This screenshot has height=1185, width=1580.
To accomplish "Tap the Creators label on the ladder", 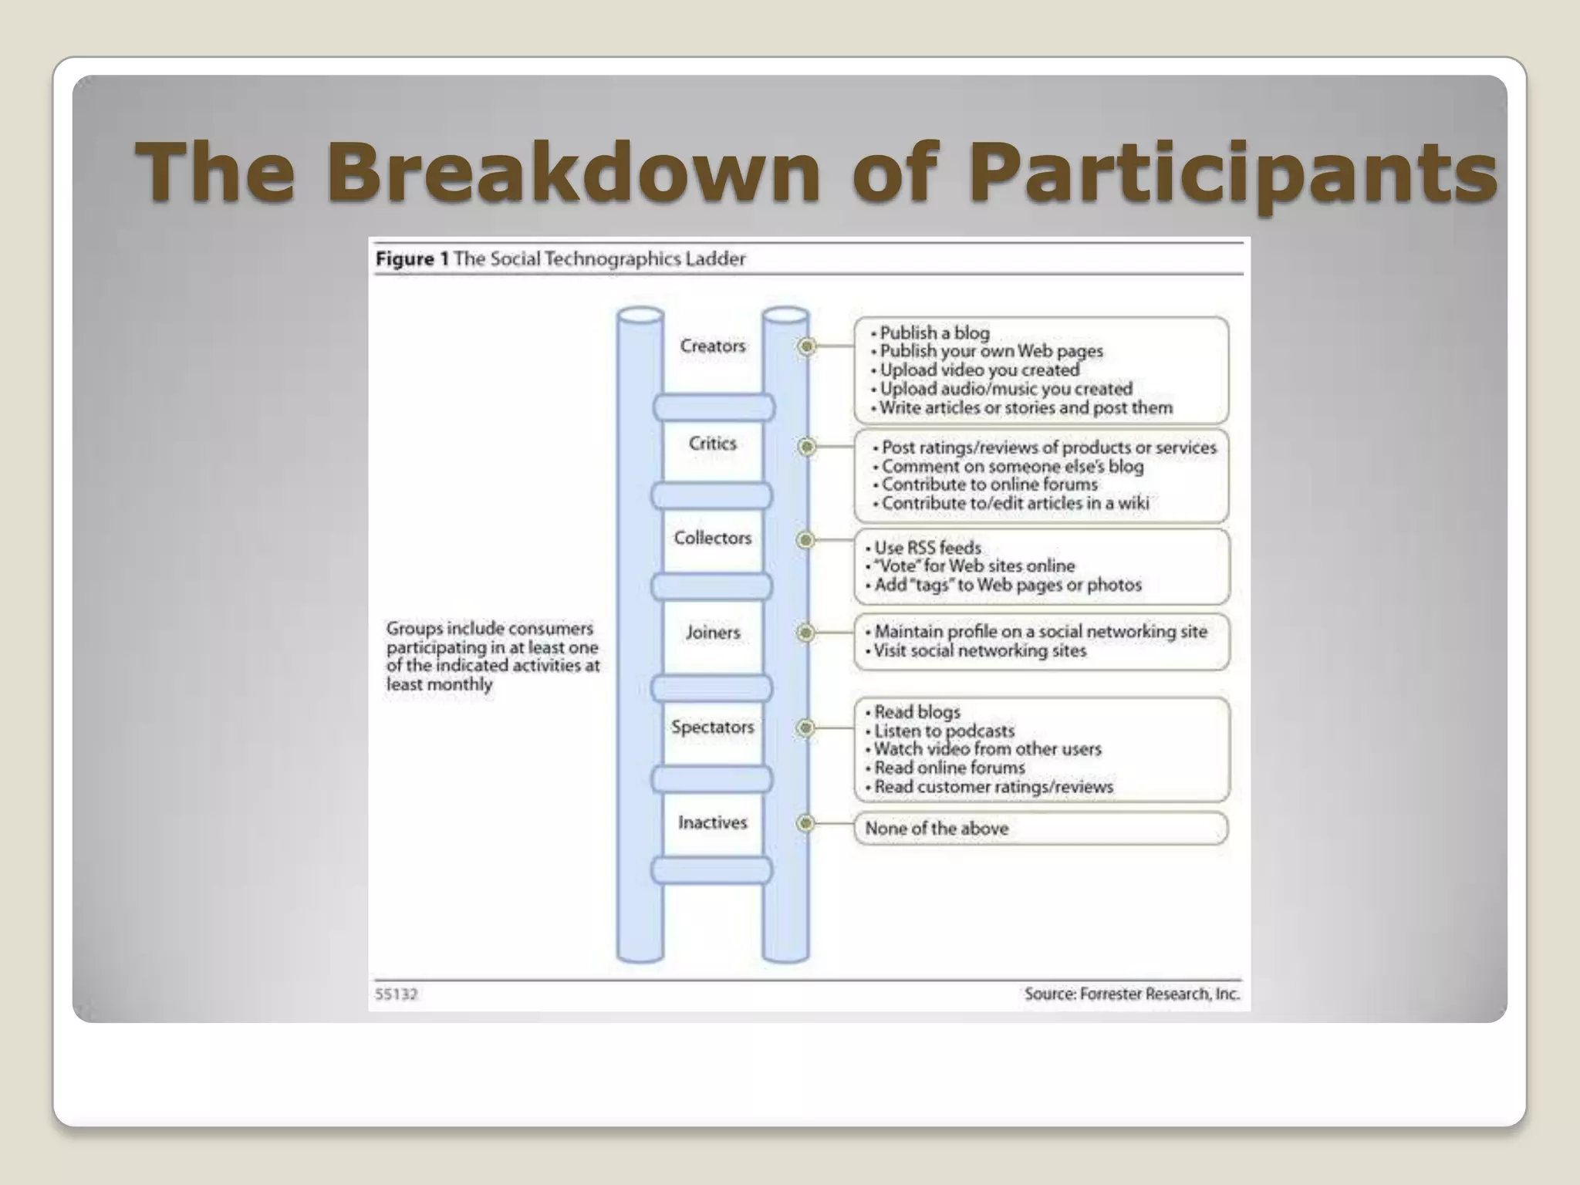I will [x=712, y=346].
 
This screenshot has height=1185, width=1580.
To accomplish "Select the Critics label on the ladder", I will [x=712, y=444].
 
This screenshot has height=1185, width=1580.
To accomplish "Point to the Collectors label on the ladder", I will [x=712, y=538].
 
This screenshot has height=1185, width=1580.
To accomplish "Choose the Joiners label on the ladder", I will [x=712, y=633].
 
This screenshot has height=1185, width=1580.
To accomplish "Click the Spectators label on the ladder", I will [x=712, y=727].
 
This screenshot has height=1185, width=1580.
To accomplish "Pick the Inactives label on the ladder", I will [x=712, y=822].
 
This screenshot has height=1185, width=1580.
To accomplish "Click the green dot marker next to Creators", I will [x=806, y=346].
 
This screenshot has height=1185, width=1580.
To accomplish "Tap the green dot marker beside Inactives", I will [x=805, y=823].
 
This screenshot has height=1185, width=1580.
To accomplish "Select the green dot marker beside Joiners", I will [x=805, y=633].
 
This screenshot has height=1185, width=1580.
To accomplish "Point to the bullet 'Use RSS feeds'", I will [x=927, y=548].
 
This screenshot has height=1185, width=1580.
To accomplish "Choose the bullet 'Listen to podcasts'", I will [x=944, y=731].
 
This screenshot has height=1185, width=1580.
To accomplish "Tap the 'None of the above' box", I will [x=1040, y=829].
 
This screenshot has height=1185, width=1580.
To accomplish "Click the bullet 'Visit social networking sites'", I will [x=979, y=650].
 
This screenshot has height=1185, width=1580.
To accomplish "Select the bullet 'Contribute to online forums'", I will [x=988, y=484].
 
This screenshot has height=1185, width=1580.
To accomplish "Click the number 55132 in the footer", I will [x=396, y=994].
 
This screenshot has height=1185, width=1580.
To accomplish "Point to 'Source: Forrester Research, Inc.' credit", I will [x=1132, y=994].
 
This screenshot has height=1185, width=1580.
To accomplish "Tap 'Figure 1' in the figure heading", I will [x=412, y=258].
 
